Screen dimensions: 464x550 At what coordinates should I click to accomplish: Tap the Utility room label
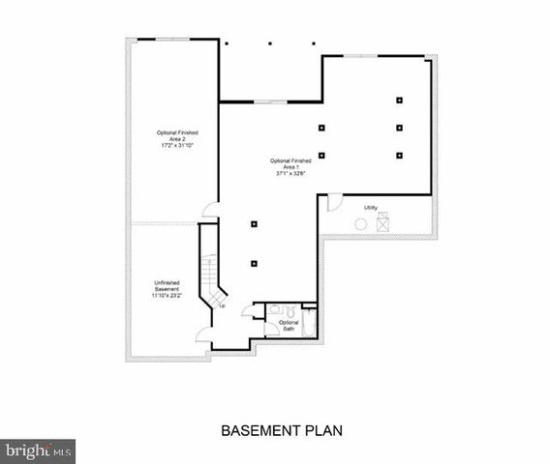pyautogui.click(x=371, y=208)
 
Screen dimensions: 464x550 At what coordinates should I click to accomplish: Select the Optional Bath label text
pyautogui.click(x=289, y=326)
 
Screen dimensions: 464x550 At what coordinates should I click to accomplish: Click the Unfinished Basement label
pyautogui.click(x=168, y=286)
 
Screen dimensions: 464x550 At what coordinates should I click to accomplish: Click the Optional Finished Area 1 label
pyautogui.click(x=290, y=163)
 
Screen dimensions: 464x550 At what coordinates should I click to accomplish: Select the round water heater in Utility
pyautogui.click(x=360, y=224)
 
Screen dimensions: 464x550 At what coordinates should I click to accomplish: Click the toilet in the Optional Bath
pyautogui.click(x=275, y=310)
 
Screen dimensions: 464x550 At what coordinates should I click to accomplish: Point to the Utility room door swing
pyautogui.click(x=333, y=202)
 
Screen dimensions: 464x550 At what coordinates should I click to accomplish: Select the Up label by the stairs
pyautogui.click(x=222, y=306)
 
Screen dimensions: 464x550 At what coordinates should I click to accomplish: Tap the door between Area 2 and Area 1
pyautogui.click(x=210, y=214)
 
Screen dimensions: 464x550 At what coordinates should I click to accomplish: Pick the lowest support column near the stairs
pyautogui.click(x=254, y=263)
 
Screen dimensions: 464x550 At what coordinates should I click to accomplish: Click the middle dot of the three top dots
pyautogui.click(x=269, y=43)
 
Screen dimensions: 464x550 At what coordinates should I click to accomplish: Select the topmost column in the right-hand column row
pyautogui.click(x=399, y=100)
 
